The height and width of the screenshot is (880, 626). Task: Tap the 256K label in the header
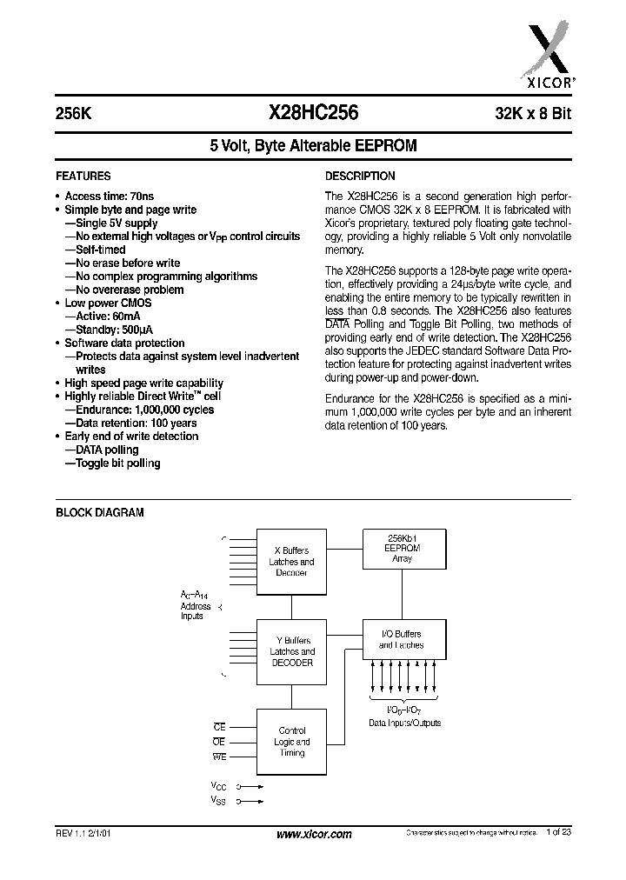click(72, 113)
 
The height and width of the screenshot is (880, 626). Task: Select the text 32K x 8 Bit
click(532, 113)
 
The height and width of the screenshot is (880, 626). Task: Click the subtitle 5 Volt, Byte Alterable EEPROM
click(313, 147)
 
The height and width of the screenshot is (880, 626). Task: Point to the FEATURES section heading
click(83, 176)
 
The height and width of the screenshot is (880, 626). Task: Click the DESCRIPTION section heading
click(360, 176)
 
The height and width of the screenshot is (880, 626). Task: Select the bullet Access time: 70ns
click(109, 197)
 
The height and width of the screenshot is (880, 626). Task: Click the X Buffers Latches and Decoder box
click(291, 561)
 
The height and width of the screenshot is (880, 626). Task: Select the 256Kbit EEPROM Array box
click(403, 549)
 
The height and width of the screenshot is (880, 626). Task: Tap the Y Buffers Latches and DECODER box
click(291, 651)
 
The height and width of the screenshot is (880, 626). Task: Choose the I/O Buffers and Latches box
click(403, 640)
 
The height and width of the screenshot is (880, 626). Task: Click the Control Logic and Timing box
click(291, 741)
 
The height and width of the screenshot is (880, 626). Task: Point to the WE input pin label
click(219, 757)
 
